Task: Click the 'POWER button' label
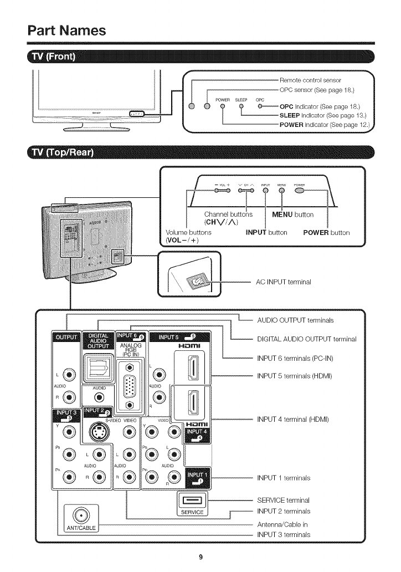[326, 232]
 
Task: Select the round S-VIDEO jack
[99, 433]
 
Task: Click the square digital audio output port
[99, 367]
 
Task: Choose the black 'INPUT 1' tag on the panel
[199, 478]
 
